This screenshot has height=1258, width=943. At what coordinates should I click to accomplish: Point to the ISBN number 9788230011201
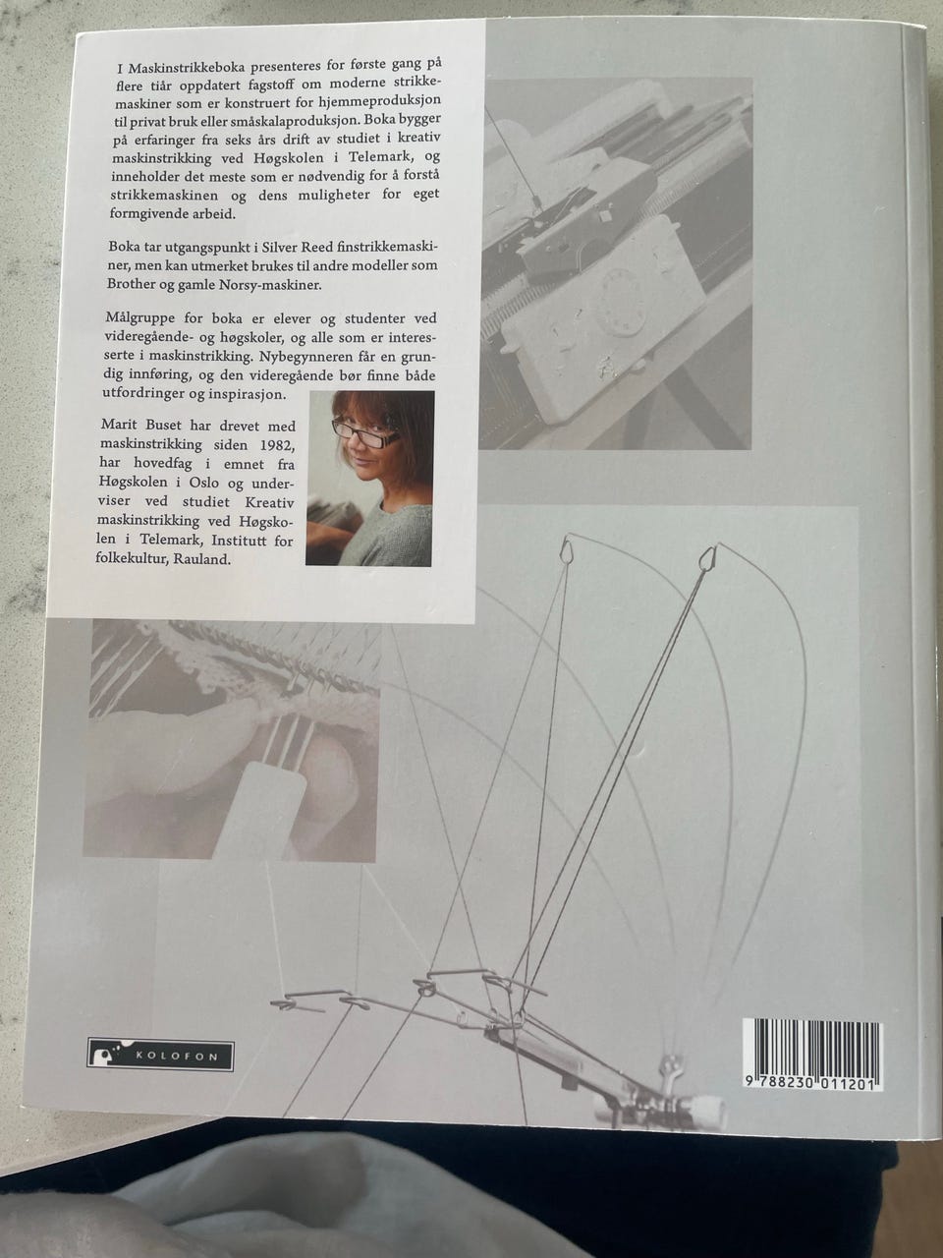pos(812,1083)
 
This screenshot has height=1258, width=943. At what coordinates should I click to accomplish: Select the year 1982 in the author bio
pos(278,445)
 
